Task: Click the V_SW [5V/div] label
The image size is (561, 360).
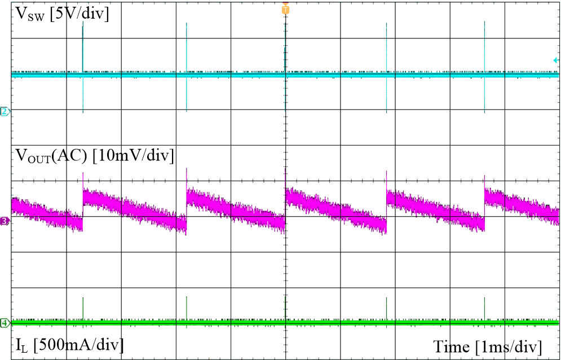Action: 61,14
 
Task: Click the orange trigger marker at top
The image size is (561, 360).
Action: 285,10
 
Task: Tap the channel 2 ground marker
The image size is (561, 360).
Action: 5,111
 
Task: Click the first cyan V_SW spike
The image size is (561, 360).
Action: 83,51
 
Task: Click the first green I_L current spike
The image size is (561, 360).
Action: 83,308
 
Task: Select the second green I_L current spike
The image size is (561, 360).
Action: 186,308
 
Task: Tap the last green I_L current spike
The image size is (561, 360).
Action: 484,308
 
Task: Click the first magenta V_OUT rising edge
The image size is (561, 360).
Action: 83,209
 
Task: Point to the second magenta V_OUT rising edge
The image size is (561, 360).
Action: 186,209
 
